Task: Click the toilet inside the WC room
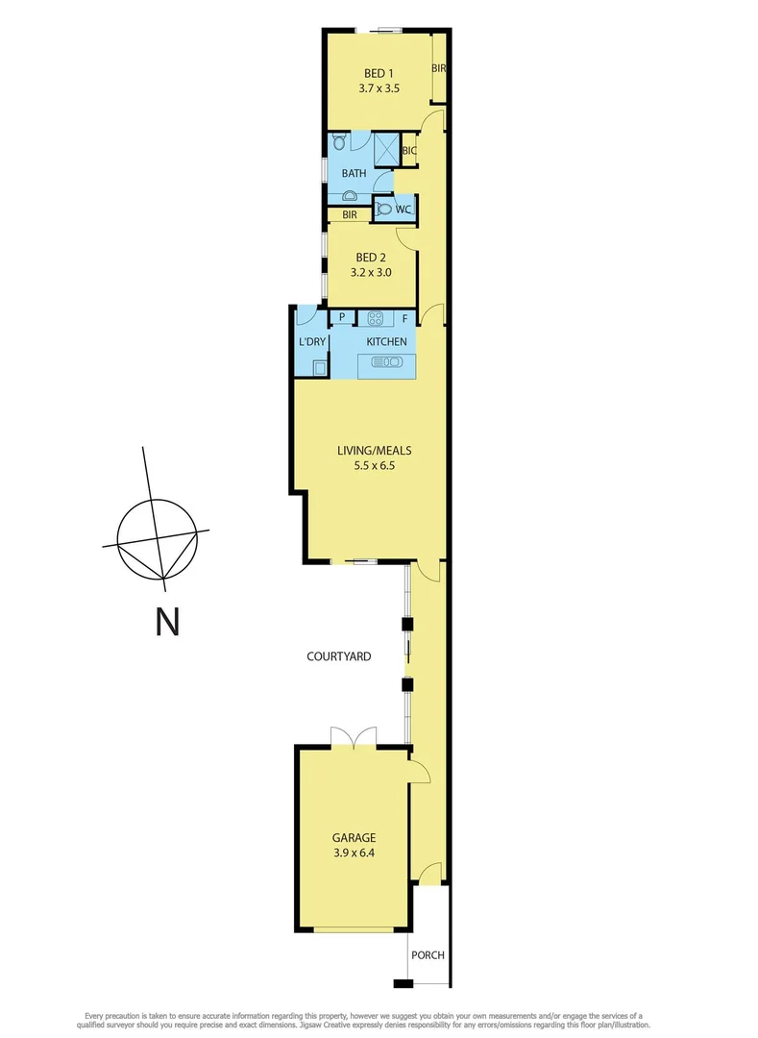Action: pyautogui.click(x=385, y=209)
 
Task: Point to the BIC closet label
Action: pyautogui.click(x=408, y=151)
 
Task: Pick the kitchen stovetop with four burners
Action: pyautogui.click(x=376, y=318)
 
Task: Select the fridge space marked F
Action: pyautogui.click(x=404, y=318)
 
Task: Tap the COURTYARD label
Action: pyautogui.click(x=338, y=656)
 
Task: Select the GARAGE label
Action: pyautogui.click(x=355, y=837)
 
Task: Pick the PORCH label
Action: pyautogui.click(x=427, y=955)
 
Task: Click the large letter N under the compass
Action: pyautogui.click(x=167, y=623)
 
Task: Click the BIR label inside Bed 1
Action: pyautogui.click(x=439, y=68)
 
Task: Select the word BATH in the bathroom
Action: pyautogui.click(x=354, y=173)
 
